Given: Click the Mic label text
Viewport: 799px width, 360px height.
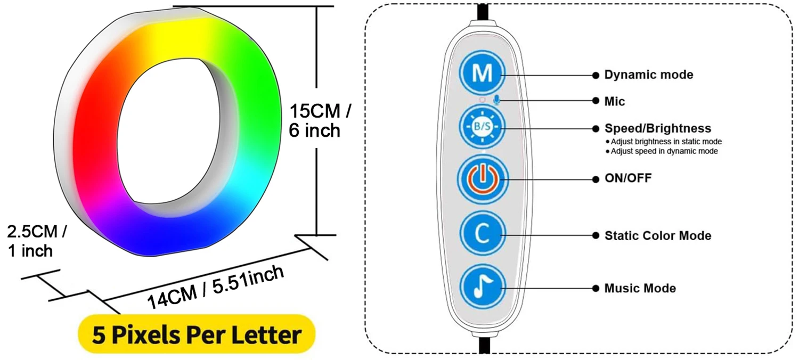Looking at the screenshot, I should (614, 101).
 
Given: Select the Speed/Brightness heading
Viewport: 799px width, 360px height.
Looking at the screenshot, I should (657, 128).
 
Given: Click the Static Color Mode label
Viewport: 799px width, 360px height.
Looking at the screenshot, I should (657, 235).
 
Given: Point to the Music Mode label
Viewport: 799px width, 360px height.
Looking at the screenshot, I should (640, 288).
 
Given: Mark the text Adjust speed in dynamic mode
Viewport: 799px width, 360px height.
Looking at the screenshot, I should (664, 151).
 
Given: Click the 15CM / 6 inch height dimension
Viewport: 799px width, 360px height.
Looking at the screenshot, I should (320, 121).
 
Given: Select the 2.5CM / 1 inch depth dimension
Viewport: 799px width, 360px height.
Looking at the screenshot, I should (36, 241).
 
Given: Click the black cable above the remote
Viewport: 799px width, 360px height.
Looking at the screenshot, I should (483, 11).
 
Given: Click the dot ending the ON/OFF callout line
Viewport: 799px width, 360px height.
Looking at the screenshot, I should (596, 179).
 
